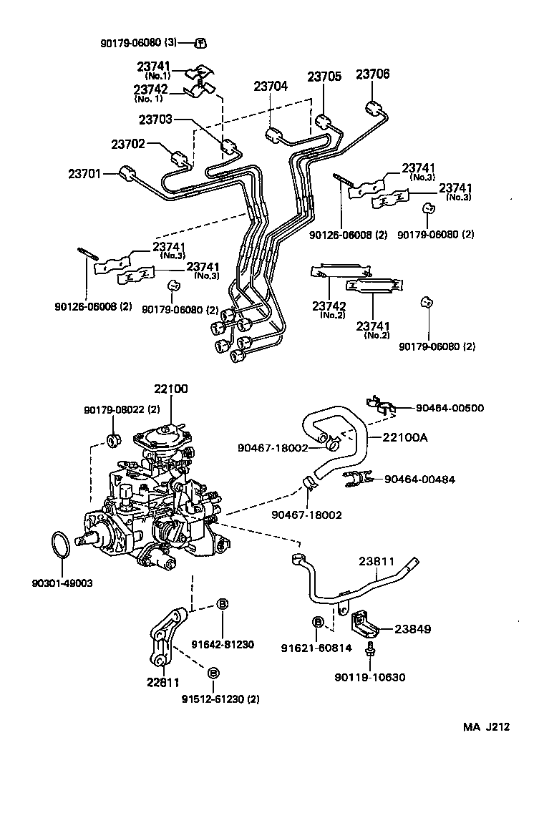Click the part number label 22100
click(170, 389)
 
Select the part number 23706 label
click(373, 74)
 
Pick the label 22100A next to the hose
click(405, 437)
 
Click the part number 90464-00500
click(450, 408)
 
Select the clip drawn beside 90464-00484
click(358, 479)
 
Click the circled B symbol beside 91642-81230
click(222, 604)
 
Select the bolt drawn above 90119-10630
click(370, 649)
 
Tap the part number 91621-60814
click(313, 648)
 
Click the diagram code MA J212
click(486, 727)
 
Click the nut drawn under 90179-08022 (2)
click(112, 437)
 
